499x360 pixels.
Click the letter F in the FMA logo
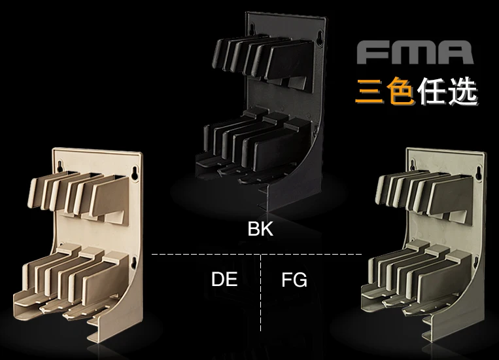(373, 52)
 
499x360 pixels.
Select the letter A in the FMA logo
(453, 52)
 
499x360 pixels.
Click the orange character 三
(370, 91)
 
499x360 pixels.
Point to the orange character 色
(400, 91)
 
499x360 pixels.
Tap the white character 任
(431, 91)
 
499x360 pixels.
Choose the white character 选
(462, 91)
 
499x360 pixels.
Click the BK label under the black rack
(260, 228)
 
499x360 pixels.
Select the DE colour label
(224, 279)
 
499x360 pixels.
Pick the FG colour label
(294, 279)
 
